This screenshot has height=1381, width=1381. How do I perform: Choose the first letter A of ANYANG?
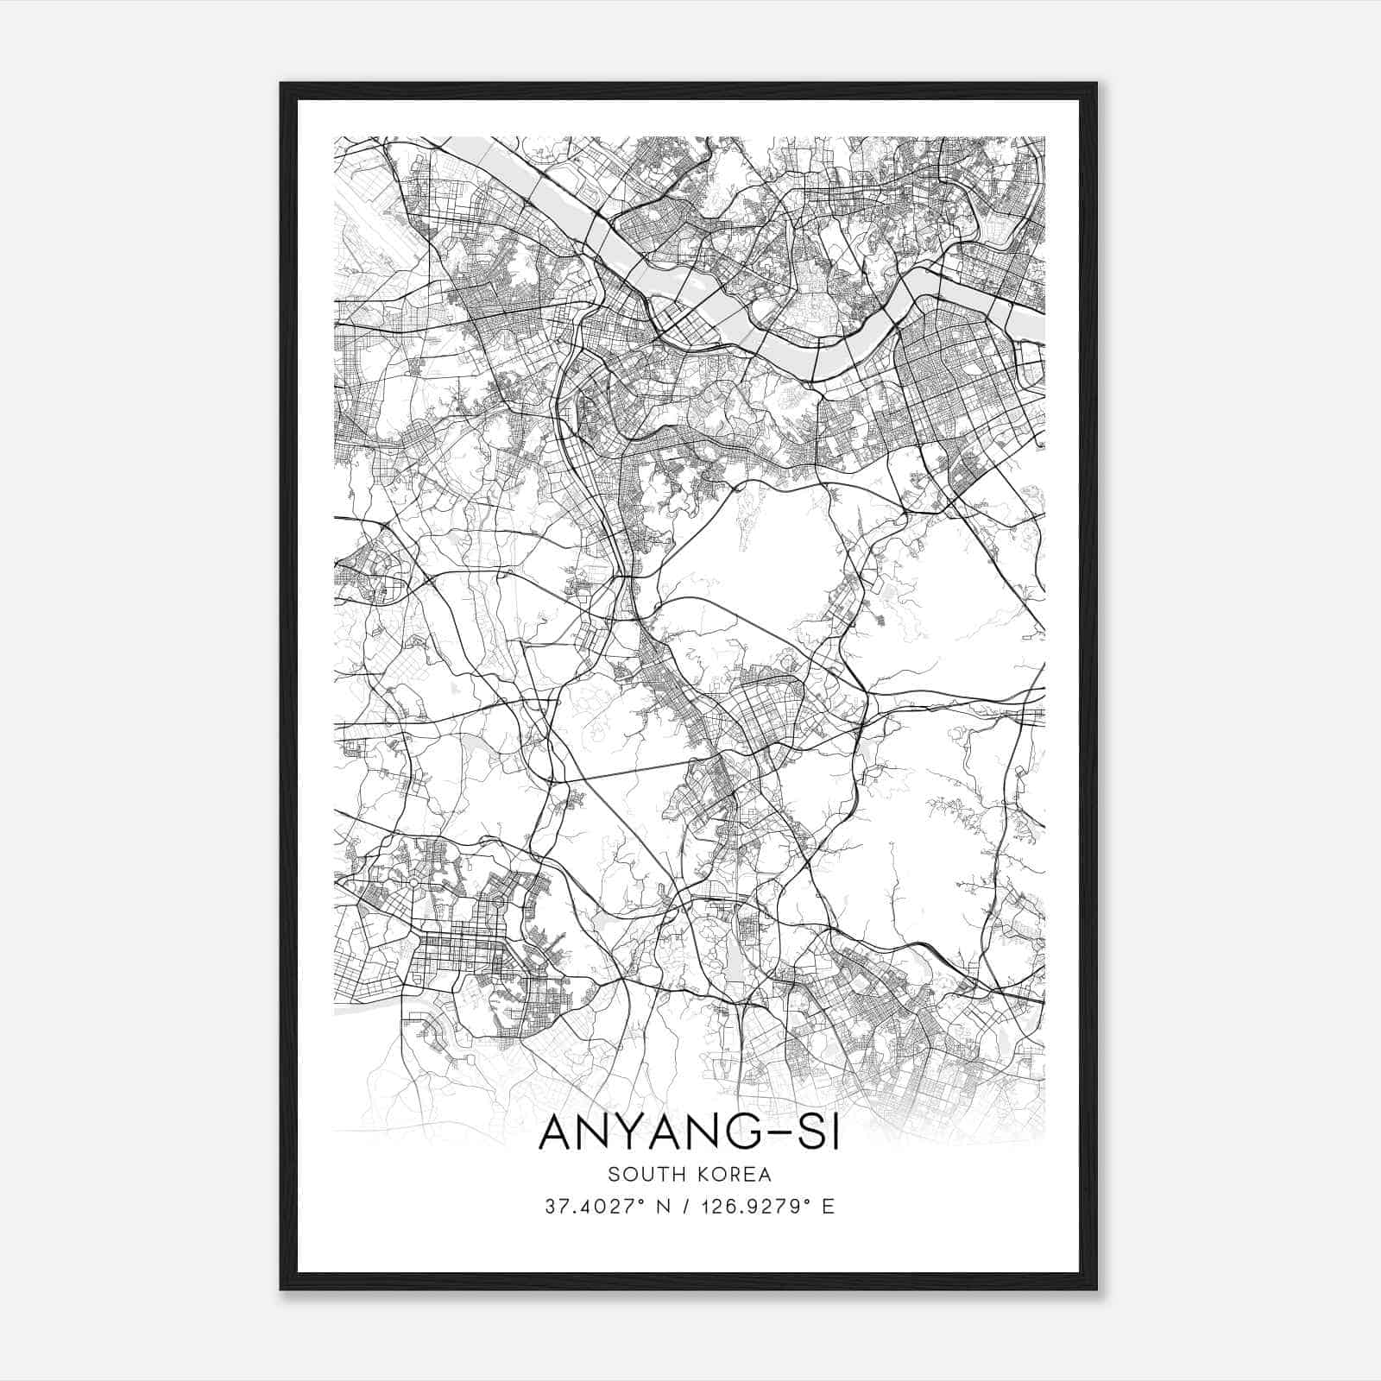(x=555, y=1132)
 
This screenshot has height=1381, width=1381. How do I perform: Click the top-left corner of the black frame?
(x=282, y=85)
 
